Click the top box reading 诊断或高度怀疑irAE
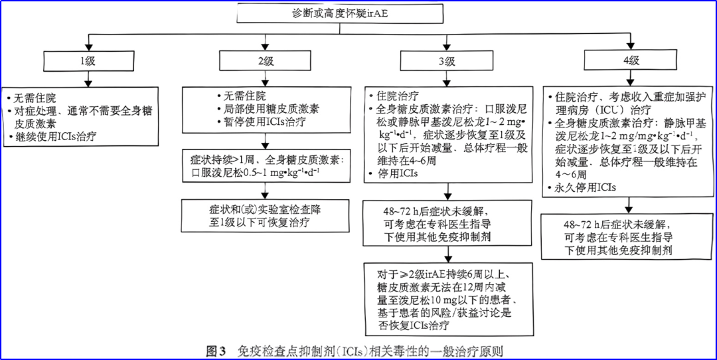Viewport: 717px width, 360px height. [x=359, y=14]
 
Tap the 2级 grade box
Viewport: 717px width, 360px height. [x=266, y=61]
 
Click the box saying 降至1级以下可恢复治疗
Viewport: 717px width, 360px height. [x=265, y=216]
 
